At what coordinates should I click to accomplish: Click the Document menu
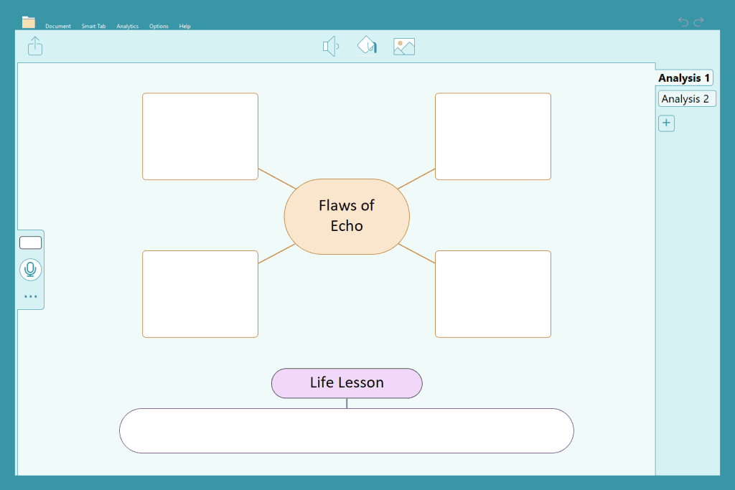(57, 27)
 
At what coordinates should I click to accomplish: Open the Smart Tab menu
(93, 27)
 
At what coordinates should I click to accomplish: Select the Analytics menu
(128, 27)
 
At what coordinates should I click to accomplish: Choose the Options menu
(159, 27)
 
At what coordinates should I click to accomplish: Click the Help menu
(184, 27)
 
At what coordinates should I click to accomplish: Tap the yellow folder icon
(29, 22)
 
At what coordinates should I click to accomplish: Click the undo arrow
(683, 22)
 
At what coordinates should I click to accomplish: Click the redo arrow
(698, 22)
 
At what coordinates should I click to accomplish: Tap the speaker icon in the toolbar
(331, 47)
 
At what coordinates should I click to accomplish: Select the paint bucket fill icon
(367, 45)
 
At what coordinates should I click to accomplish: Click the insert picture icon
(404, 47)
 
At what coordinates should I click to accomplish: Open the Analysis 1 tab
(684, 77)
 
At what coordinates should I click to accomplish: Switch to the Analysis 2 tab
(687, 99)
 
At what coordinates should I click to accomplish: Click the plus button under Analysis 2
(666, 123)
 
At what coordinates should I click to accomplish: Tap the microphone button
(30, 270)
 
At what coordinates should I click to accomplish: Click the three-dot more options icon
(30, 296)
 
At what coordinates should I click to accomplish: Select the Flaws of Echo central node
(347, 217)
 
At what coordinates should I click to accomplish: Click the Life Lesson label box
(347, 383)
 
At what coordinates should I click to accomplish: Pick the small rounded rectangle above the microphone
(30, 242)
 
